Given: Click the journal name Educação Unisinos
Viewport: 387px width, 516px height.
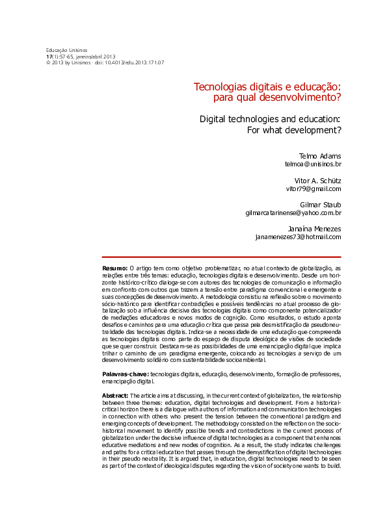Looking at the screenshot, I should (66, 51).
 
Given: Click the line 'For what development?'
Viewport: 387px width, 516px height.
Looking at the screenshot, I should (294, 130).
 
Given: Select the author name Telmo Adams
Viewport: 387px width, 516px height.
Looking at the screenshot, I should (320, 157).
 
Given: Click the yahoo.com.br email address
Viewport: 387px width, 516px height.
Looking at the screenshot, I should (293, 213).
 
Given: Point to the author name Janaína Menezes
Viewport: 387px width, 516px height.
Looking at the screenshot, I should (314, 229).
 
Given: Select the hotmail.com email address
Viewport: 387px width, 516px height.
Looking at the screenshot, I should (298, 237).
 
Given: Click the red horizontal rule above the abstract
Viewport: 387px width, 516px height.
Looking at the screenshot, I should (222, 257).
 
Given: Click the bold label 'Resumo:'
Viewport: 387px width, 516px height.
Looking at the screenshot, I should (115, 268).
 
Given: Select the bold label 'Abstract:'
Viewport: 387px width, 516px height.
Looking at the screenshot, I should (116, 396).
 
